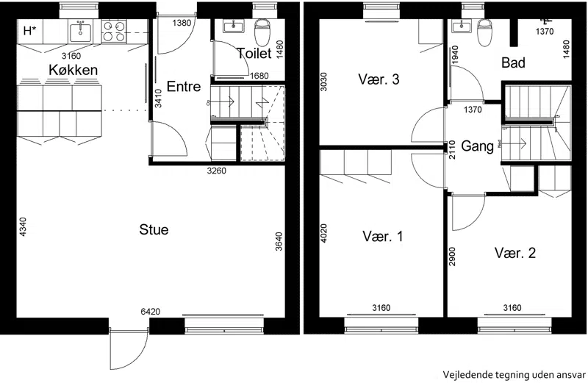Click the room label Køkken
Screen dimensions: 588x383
tap(73, 70)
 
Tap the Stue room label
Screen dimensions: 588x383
tap(154, 229)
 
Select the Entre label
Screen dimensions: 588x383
tap(183, 86)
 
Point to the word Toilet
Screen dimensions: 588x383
tap(254, 53)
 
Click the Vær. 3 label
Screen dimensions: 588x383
tap(379, 79)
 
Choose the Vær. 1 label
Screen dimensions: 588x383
tap(382, 236)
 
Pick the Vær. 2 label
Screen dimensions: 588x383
tap(515, 253)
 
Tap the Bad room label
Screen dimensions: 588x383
tap(513, 62)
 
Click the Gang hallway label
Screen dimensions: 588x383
tap(476, 146)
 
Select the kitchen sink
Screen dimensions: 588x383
tap(80, 31)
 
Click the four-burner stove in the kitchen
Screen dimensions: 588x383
tap(114, 31)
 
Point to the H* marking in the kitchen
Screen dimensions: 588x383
tap(30, 31)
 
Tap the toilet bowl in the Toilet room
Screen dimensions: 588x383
tap(262, 32)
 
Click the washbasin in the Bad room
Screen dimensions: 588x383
tap(461, 26)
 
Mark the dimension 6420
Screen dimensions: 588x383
tap(151, 312)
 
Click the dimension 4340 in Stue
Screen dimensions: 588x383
tap(24, 226)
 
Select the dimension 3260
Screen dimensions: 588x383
tap(217, 171)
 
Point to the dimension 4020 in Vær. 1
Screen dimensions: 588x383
tap(323, 233)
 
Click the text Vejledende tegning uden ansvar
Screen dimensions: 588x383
tap(514, 375)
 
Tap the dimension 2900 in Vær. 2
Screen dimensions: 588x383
tap(452, 257)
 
